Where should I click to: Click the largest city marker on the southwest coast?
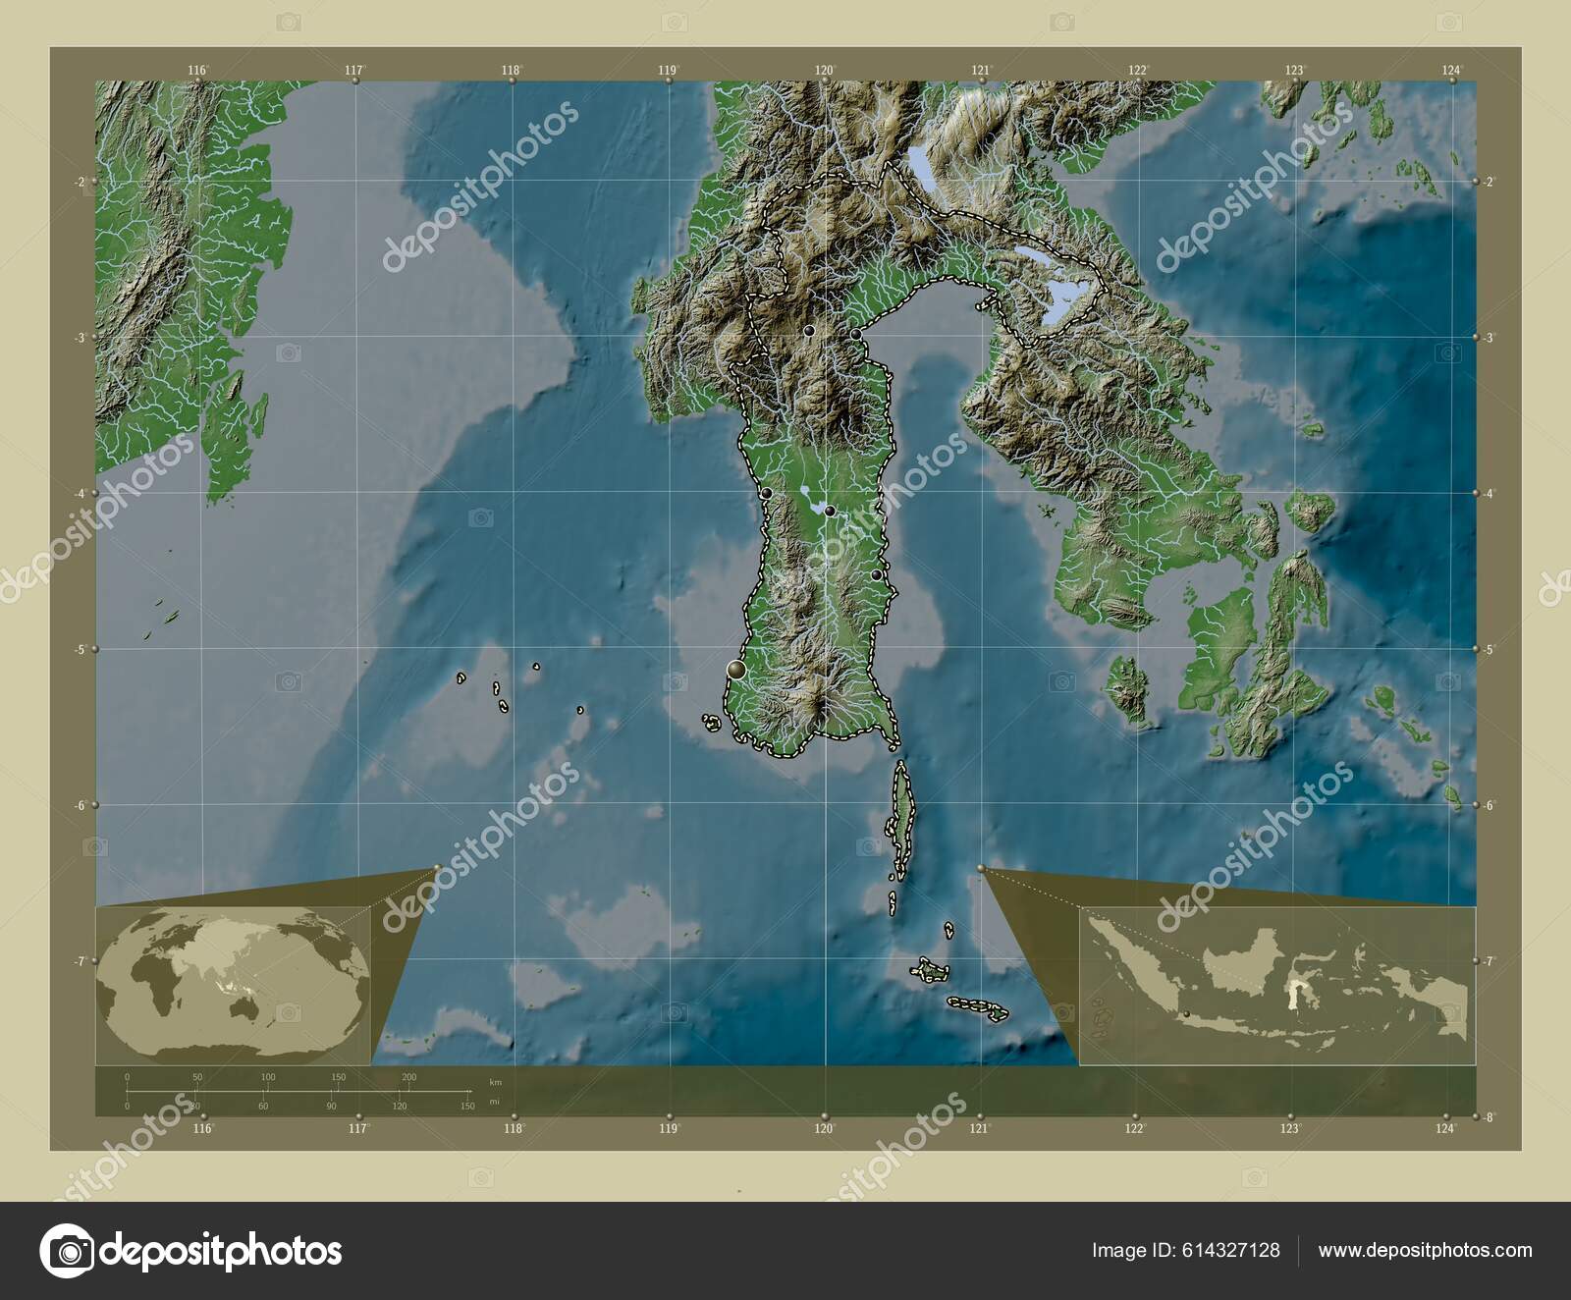pyautogui.click(x=735, y=670)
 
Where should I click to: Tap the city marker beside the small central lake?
pyautogui.click(x=830, y=511)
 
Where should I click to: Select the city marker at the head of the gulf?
pyautogui.click(x=856, y=334)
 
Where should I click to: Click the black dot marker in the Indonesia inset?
pyautogui.click(x=1186, y=1014)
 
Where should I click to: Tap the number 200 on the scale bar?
pyautogui.click(x=408, y=1077)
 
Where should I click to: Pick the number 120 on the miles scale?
pyautogui.click(x=400, y=1107)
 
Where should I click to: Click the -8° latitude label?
pyautogui.click(x=1489, y=1117)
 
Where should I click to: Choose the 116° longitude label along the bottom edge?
pyautogui.click(x=202, y=1129)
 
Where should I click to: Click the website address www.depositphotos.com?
pyautogui.click(x=1425, y=1251)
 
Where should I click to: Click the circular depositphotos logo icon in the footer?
pyautogui.click(x=66, y=1250)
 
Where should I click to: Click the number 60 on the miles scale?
pyautogui.click(x=263, y=1107)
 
